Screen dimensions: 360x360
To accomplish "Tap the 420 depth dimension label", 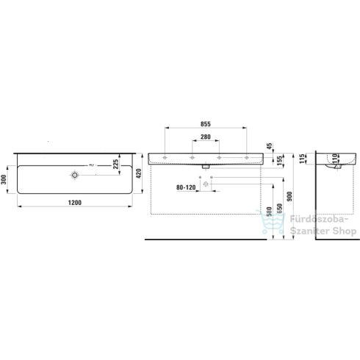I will [x=138, y=174].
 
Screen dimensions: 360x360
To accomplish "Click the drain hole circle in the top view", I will [x=75, y=176].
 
